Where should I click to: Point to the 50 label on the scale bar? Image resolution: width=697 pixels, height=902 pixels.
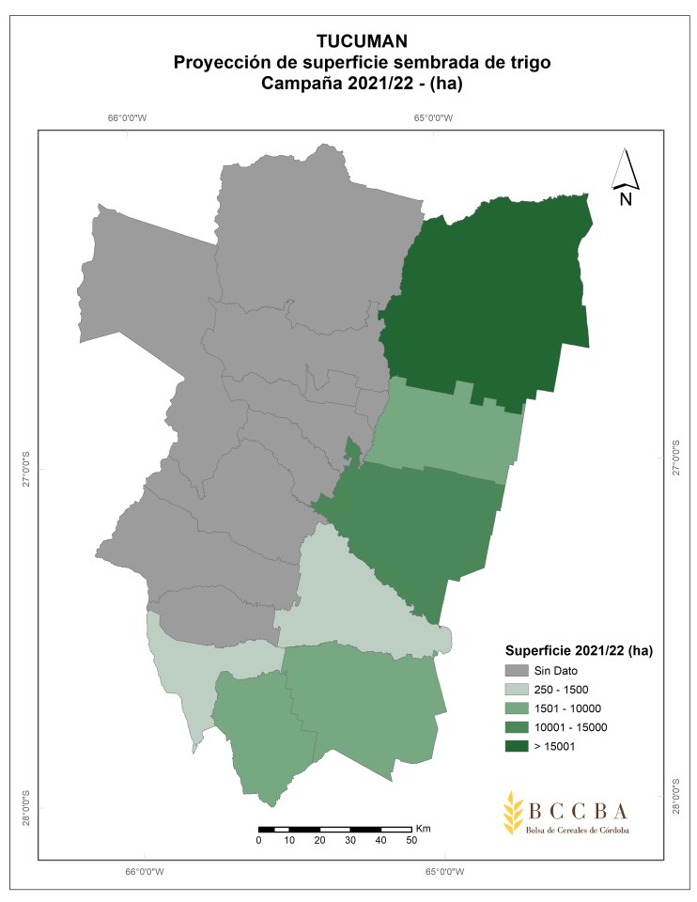(411, 840)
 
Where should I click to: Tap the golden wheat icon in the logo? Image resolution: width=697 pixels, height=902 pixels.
(512, 812)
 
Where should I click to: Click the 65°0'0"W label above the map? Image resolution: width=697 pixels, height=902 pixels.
(433, 118)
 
